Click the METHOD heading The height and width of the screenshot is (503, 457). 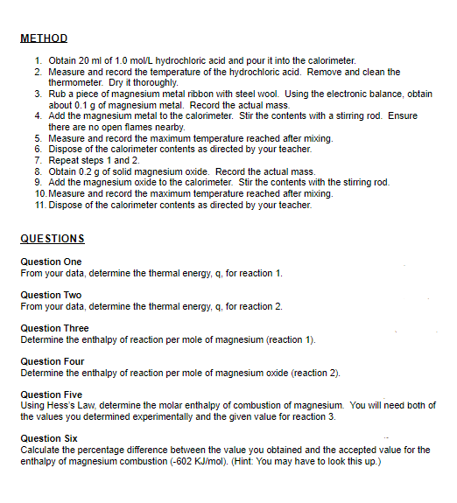click(43, 38)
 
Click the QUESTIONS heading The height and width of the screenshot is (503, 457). click(52, 238)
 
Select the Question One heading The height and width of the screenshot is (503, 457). click(51, 262)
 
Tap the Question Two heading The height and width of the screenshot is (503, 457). click(51, 295)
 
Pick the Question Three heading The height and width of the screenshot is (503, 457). click(54, 328)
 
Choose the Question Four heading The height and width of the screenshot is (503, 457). click(53, 361)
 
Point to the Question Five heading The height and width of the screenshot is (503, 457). click(52, 395)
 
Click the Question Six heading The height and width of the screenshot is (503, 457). click(49, 437)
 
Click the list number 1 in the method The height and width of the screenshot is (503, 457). click(39, 60)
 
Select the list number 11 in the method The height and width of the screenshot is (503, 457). click(38, 204)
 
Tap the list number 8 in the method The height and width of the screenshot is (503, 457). click(39, 171)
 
